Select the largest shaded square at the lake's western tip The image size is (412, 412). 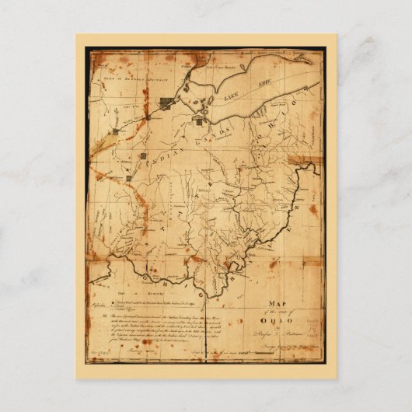coord(166,104)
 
